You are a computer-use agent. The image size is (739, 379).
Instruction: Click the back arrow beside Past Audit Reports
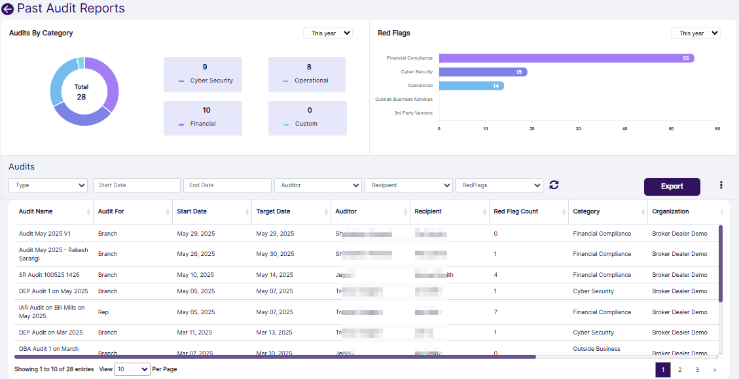tap(8, 9)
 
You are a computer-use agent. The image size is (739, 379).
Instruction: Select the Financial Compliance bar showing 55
tap(566, 58)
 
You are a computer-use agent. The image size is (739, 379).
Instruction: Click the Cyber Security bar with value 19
tap(483, 72)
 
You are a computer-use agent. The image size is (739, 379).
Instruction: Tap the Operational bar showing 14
tap(471, 86)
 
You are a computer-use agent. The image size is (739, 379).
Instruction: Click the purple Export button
tap(672, 187)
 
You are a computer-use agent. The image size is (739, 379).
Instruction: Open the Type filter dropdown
tap(48, 185)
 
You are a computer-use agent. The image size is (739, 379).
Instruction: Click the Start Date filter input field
tap(136, 185)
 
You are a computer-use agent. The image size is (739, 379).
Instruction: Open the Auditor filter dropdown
tap(317, 185)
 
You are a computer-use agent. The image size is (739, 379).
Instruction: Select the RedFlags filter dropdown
tap(499, 185)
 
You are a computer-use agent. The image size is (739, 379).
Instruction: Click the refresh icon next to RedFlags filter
tap(554, 185)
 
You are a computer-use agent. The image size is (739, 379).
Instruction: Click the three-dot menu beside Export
tap(721, 185)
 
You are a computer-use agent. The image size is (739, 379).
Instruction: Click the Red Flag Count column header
tap(516, 211)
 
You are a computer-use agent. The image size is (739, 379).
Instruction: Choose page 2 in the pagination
tap(680, 370)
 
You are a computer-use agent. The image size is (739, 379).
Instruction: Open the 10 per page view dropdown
tap(132, 369)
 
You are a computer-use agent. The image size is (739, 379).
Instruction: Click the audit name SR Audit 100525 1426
tap(49, 275)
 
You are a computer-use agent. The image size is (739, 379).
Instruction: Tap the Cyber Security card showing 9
tap(203, 74)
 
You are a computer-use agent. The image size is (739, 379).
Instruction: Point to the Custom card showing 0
tap(307, 117)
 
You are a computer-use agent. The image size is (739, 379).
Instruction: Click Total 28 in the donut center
tap(81, 92)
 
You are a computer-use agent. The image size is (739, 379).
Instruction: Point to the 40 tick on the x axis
tap(624, 129)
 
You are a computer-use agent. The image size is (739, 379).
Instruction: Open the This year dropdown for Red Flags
tap(695, 33)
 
